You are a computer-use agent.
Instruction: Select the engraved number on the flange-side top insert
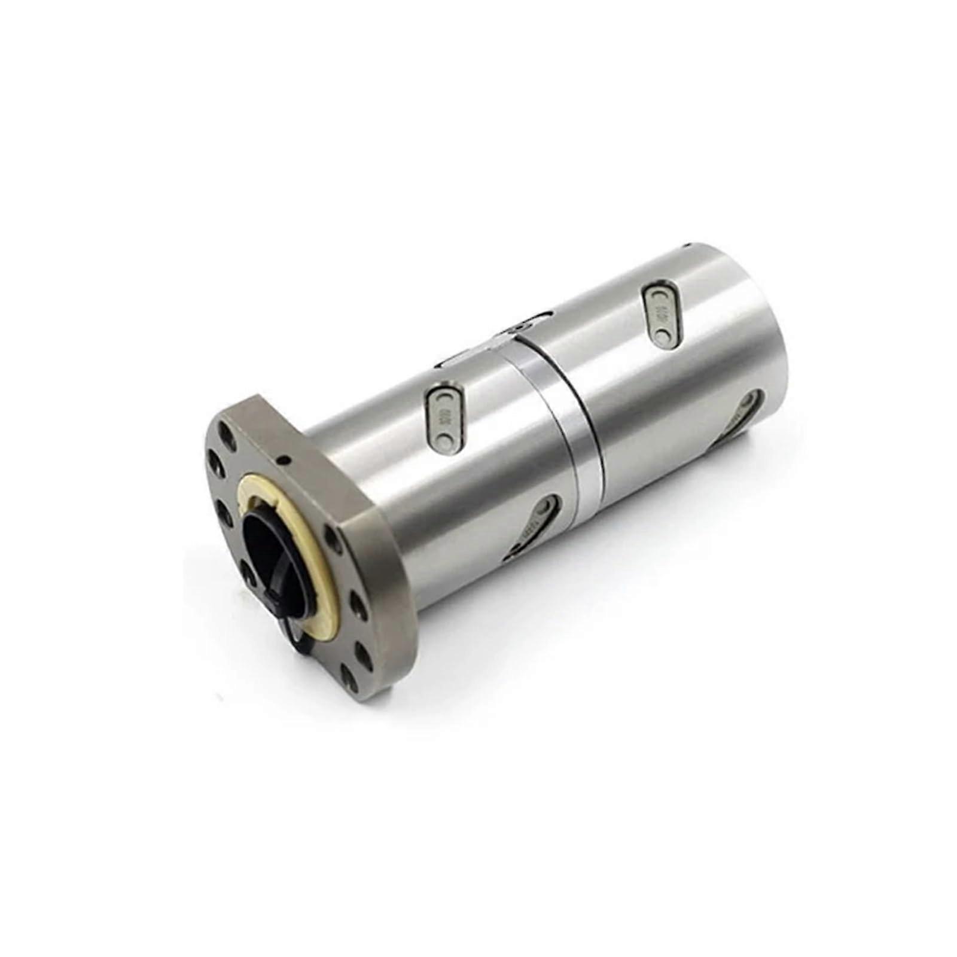tap(443, 418)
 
